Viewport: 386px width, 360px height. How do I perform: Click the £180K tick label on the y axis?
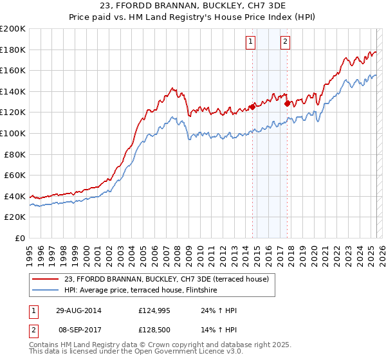tap(13, 50)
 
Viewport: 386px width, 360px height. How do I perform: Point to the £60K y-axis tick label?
tap(15, 175)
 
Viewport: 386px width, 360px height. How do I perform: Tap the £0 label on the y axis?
tap(21, 238)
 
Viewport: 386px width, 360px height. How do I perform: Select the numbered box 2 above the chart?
tap(284, 42)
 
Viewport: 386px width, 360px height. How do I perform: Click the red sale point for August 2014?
tap(252, 107)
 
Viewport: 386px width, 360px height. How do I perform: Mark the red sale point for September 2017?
tap(287, 104)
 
